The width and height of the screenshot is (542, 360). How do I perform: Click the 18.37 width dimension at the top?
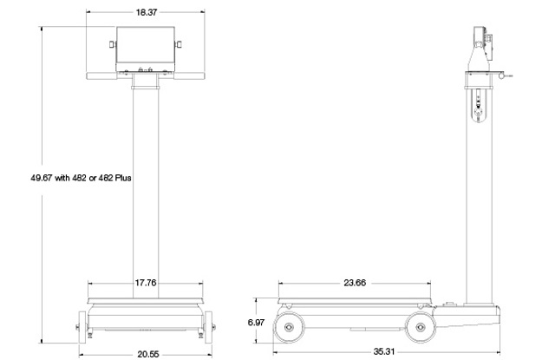145,12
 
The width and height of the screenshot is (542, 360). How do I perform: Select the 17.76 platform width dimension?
145,282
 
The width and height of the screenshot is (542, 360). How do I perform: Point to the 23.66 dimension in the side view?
353,282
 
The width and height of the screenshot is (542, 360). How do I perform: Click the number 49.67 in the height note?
42,178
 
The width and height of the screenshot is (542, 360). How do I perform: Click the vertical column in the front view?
145,182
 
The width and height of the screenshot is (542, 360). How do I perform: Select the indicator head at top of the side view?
478,43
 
